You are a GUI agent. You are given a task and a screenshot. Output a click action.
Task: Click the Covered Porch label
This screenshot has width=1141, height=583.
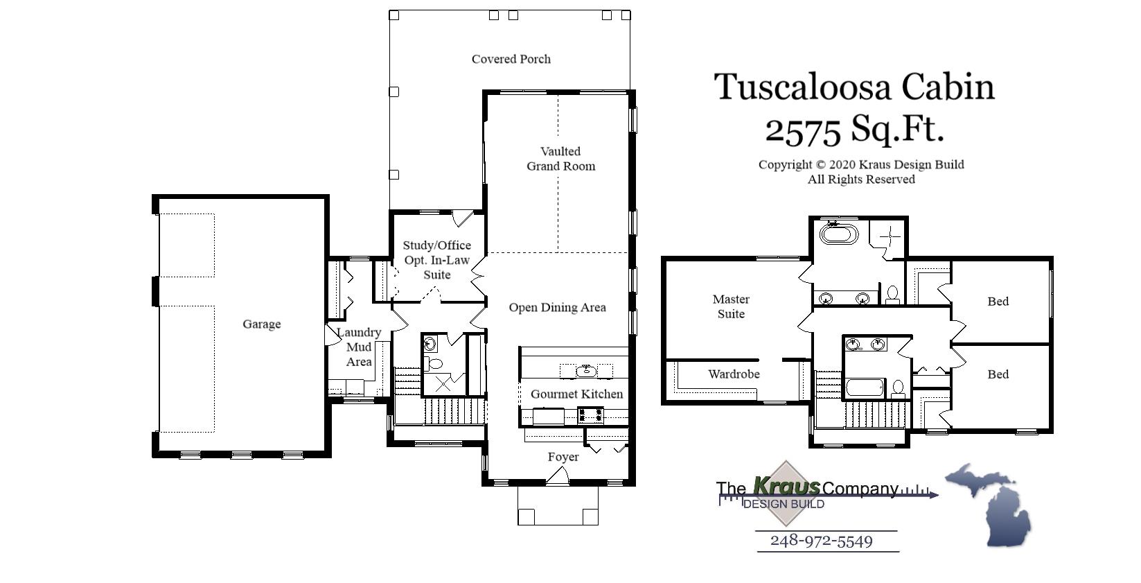511,60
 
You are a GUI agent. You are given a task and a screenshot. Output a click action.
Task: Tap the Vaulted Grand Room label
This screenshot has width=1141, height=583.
560,159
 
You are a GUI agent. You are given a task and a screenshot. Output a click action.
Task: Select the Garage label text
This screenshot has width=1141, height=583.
261,324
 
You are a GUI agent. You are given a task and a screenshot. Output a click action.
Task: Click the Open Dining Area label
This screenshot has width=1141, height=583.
557,308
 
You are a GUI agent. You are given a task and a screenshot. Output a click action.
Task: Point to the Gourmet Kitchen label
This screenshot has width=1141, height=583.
576,394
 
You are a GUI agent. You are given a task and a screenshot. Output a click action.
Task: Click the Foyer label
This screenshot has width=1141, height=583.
563,458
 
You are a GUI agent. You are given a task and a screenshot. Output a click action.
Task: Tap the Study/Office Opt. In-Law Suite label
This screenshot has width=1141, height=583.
436,260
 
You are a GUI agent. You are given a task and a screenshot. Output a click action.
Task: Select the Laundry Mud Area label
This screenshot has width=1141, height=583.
359,347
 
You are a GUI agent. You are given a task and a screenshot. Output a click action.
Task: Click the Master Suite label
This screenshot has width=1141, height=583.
731,306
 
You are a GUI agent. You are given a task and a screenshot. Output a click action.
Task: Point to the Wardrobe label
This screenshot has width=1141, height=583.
734,374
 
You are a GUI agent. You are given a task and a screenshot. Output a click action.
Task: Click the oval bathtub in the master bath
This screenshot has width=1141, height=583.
839,233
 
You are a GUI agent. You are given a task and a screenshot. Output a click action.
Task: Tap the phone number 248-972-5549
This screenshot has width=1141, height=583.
821,541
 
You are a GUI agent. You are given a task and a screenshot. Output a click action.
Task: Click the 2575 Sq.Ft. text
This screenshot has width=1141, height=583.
853,129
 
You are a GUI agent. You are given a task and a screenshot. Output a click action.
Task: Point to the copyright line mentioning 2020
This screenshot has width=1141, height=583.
860,165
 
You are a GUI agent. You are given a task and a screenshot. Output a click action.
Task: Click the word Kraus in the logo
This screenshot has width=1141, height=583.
786,486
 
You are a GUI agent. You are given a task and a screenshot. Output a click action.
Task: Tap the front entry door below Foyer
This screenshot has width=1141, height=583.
558,476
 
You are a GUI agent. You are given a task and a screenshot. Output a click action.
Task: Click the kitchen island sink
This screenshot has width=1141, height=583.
586,371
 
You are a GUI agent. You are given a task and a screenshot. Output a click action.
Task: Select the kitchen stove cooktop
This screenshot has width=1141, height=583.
591,416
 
